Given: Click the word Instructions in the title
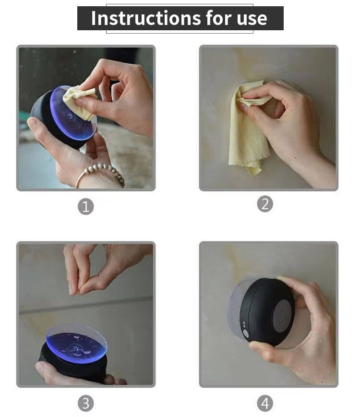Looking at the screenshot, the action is (146, 18).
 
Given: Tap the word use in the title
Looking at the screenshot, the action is (252, 19).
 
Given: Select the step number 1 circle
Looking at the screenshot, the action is (85, 207).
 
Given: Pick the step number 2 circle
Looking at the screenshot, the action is (265, 204).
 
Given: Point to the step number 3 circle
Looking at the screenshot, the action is (85, 403).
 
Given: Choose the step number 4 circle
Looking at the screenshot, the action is (265, 403).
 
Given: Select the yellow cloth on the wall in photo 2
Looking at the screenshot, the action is (249, 128).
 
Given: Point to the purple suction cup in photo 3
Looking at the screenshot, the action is (76, 343).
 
